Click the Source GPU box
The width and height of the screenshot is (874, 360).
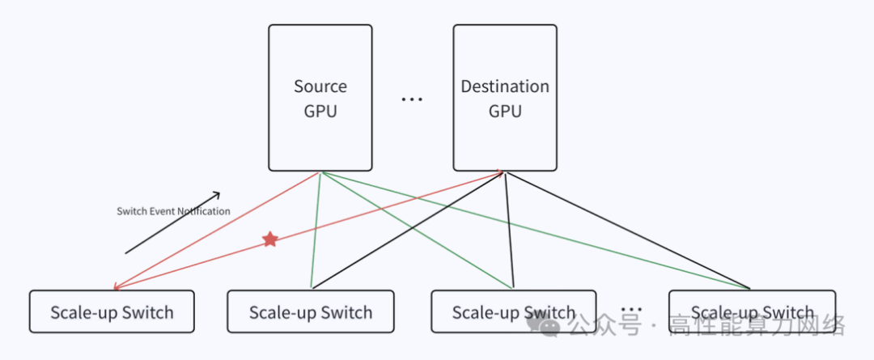320,98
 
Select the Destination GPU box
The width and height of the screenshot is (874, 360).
504,98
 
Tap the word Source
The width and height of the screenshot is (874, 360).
320,87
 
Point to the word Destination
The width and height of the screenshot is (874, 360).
505,87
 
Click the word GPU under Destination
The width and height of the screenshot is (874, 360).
505,111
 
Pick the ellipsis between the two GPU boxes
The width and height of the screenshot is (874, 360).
412,100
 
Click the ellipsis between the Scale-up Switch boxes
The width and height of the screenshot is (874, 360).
631,310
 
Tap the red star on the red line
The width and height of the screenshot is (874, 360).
270,239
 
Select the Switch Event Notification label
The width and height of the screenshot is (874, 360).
173,211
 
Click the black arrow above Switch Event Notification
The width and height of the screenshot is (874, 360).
172,223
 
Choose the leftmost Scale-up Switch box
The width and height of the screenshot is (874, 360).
112,311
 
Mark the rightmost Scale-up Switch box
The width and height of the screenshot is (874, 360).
752,311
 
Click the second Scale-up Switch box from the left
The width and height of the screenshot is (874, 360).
311,311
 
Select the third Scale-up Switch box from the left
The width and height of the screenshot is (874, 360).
514,311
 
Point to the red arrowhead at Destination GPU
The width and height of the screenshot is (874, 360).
499,172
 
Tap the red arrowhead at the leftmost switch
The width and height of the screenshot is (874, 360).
117,286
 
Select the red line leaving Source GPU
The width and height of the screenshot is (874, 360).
218,229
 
